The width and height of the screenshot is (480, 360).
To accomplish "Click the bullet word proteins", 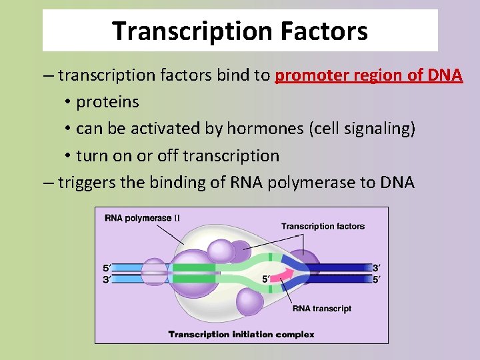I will (107, 102).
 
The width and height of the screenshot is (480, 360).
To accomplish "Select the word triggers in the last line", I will (86, 182).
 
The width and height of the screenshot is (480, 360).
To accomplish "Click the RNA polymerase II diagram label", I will (143, 217).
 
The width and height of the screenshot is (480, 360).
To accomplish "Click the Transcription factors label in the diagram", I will (323, 226).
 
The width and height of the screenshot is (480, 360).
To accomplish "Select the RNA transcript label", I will (322, 308).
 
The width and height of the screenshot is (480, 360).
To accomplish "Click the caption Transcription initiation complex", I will (241, 334).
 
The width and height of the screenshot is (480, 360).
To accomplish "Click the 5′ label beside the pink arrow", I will (266, 279).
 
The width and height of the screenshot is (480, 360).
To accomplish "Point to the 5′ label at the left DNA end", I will (107, 268).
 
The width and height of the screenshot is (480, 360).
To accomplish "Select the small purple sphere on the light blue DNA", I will (153, 272).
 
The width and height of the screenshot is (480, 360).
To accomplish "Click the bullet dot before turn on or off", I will (68, 156).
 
